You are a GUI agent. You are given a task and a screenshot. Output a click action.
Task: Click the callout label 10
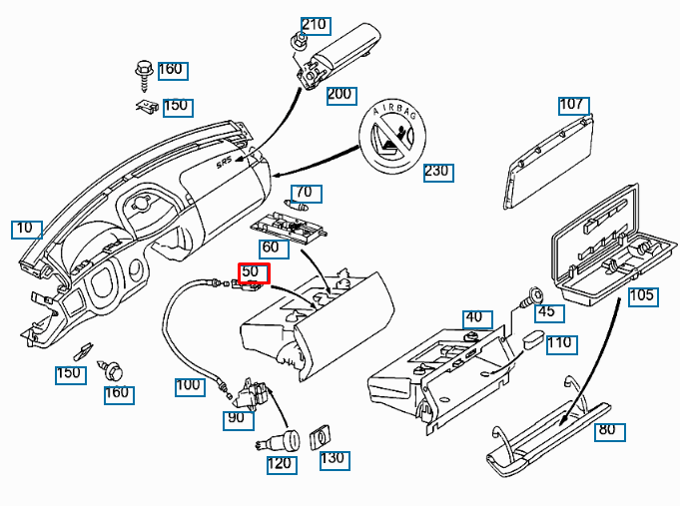click(25, 229)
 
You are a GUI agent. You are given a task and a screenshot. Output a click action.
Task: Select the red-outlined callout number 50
click(253, 271)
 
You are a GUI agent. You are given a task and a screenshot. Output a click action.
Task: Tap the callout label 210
click(315, 25)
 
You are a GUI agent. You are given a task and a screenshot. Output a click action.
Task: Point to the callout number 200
click(340, 95)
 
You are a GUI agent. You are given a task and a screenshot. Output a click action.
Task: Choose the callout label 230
click(437, 171)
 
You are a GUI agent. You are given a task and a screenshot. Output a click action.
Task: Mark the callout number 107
click(572, 105)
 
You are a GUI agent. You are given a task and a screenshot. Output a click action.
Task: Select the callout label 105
click(643, 295)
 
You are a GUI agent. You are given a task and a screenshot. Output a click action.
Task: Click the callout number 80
click(607, 431)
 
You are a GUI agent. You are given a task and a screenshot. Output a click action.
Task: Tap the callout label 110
click(561, 342)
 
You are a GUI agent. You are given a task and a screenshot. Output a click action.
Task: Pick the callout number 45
click(548, 312)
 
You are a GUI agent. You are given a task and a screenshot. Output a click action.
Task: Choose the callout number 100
click(189, 385)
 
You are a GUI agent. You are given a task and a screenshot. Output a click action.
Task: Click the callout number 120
click(281, 463)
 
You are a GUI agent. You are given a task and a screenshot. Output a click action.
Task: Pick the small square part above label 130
click(323, 436)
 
